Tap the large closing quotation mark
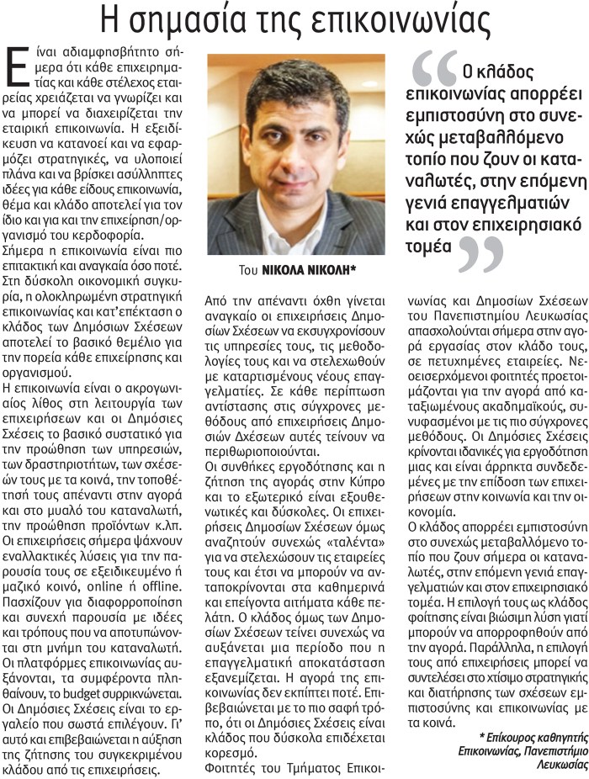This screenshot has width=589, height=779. pos(481,255)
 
